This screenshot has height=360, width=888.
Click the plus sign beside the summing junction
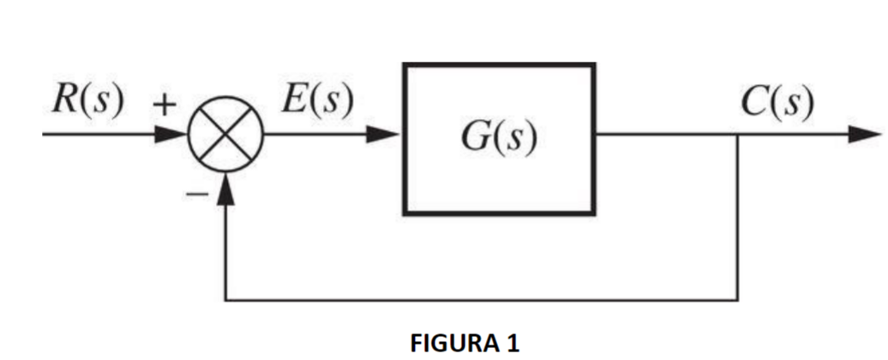(x=164, y=104)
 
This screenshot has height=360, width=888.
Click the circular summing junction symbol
(x=224, y=135)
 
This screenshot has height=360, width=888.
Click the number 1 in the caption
(x=513, y=344)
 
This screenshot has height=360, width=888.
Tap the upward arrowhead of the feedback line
(x=224, y=189)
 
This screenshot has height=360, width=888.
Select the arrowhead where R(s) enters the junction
(x=175, y=135)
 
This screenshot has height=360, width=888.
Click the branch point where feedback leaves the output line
(x=738, y=135)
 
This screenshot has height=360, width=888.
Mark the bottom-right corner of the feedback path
(x=738, y=300)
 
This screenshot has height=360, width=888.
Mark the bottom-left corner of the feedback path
(x=225, y=300)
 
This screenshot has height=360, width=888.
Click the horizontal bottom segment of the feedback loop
(x=480, y=300)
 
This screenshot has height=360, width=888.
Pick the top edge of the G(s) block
(x=500, y=65)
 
